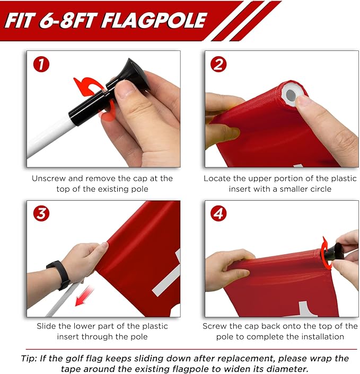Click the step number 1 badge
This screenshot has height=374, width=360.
(x=41, y=65)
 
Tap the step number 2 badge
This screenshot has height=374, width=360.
(x=218, y=65)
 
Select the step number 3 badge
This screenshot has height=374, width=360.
(x=41, y=213)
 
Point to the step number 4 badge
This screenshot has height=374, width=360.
(x=218, y=213)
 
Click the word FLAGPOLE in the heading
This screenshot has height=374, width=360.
(x=154, y=21)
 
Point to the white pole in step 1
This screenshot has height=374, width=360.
(x=50, y=136)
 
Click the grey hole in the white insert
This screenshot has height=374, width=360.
(x=291, y=95)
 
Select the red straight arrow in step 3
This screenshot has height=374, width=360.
(x=84, y=296)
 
